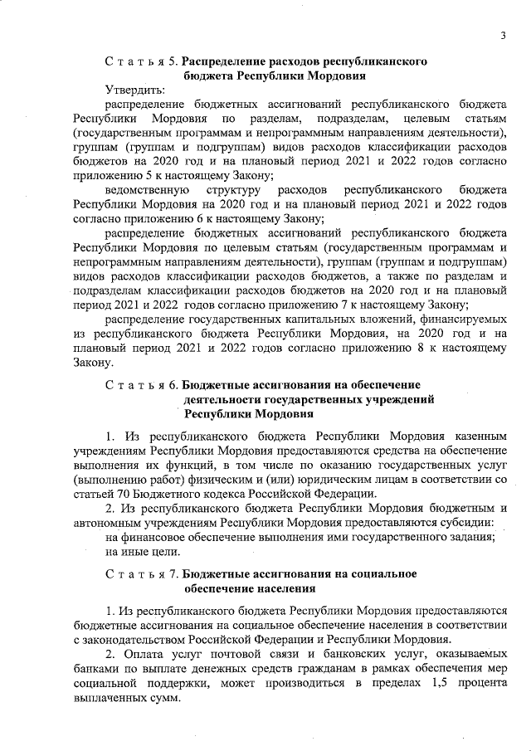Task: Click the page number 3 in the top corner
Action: pyautogui.click(x=502, y=34)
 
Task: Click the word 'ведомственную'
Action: pyautogui.click(x=146, y=189)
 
